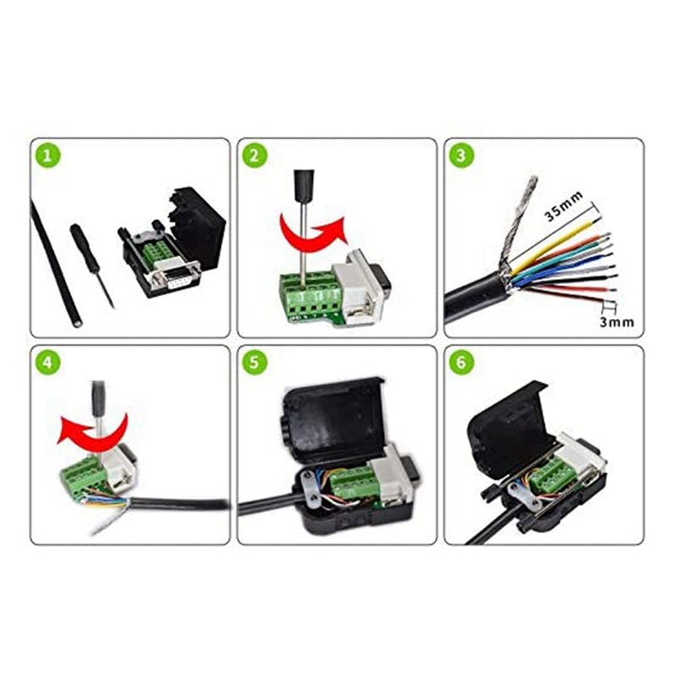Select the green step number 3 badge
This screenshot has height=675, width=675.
(461, 155)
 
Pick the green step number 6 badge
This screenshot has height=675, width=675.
(461, 363)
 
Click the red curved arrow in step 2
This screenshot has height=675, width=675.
(314, 233)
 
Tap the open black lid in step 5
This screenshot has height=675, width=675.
(333, 422)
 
